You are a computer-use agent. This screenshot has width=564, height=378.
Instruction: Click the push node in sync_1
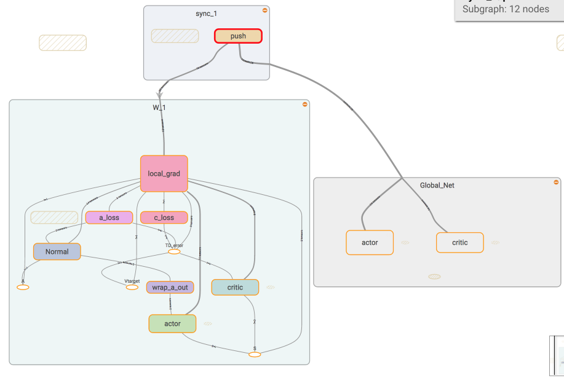[238, 36]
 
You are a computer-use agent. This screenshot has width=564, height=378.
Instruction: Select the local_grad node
[164, 174]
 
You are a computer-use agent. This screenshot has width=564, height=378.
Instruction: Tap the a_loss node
[109, 218]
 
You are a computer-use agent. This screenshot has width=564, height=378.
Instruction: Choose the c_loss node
[164, 218]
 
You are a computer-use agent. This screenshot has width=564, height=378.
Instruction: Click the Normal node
[57, 251]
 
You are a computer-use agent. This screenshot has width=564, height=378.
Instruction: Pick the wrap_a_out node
[170, 287]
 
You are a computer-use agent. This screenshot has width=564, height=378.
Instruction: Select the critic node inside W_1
[235, 287]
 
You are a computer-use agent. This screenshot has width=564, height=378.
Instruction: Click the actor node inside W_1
[172, 323]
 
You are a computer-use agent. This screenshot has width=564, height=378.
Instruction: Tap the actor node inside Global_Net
[370, 242]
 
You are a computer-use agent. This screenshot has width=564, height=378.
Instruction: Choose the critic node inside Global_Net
[460, 242]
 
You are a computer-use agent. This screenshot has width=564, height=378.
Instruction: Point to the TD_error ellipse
[174, 251]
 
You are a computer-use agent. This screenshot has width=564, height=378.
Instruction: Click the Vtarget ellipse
[132, 287]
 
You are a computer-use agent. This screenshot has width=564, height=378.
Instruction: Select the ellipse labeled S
[255, 354]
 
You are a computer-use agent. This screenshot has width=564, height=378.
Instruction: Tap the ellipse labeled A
[23, 287]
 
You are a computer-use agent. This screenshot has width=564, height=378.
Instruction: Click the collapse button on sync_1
[264, 10]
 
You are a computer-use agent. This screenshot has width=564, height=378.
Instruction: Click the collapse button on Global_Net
[556, 182]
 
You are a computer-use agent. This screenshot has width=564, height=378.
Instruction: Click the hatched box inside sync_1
[175, 36]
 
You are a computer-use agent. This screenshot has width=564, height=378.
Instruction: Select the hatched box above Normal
[54, 218]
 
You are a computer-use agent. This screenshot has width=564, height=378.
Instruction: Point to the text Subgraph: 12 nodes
[506, 9]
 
